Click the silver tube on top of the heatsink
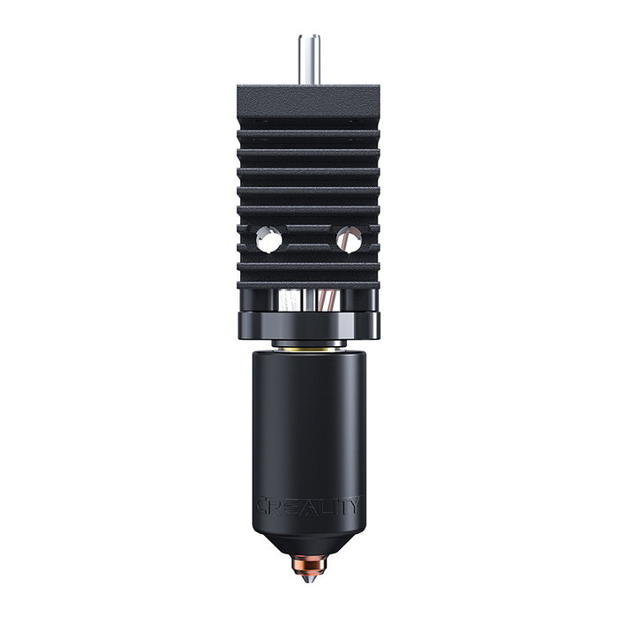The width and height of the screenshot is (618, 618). [309, 59]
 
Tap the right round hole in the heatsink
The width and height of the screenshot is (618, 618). [348, 238]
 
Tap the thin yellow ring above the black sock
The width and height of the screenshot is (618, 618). [309, 350]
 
